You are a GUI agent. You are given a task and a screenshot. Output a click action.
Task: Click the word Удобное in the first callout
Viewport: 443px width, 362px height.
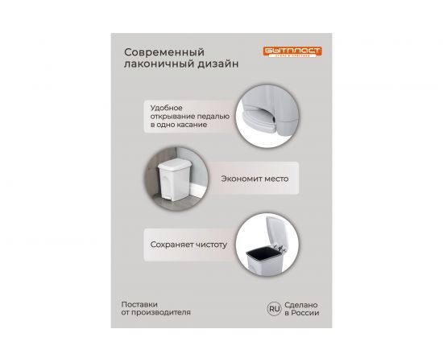click(x=166, y=107)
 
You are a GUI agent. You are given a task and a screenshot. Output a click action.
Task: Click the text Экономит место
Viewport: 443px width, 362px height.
click(x=250, y=179)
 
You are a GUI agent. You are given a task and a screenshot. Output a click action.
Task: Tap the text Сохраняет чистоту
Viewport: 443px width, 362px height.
click(x=188, y=244)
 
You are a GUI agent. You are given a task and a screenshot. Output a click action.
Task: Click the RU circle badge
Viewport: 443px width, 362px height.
click(x=274, y=308)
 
